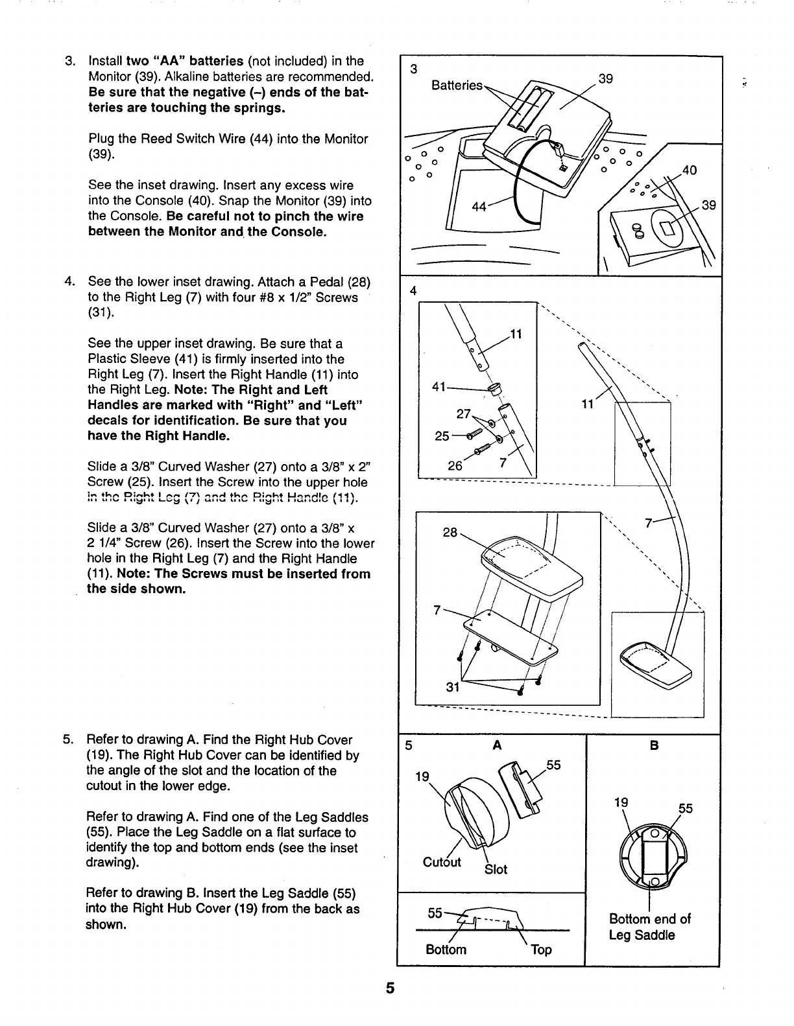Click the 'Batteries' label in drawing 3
point(457,86)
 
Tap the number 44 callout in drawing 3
point(480,206)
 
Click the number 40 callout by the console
point(688,170)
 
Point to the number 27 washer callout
point(464,413)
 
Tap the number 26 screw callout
point(455,465)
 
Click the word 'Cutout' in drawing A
point(442,861)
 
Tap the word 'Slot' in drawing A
point(496,869)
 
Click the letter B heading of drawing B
point(654,746)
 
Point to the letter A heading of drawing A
point(497,746)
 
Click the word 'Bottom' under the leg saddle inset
point(446,950)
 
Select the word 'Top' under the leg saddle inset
point(541,950)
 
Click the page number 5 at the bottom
point(390,988)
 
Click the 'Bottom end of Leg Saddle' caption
point(649,927)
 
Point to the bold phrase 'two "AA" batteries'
point(184,62)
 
